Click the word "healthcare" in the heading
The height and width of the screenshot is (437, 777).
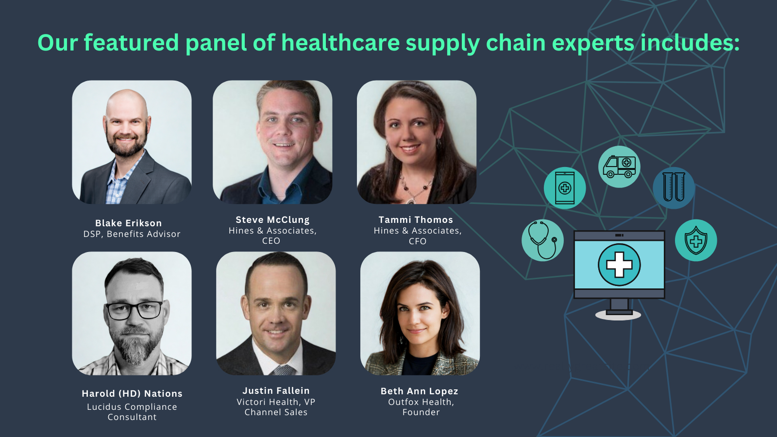point(340,43)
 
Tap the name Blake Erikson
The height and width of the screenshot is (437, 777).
point(128,223)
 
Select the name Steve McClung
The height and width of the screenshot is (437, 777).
point(272,220)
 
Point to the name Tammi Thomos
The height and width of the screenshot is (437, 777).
point(416,220)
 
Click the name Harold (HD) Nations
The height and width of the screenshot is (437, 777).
point(132,394)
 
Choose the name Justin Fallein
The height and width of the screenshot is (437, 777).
point(276,391)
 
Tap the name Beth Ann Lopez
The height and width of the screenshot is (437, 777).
point(420,391)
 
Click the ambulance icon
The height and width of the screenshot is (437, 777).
point(619,167)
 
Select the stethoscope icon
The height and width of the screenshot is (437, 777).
point(542,240)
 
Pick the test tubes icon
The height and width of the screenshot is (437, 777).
point(674,187)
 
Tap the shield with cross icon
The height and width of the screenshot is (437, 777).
point(696,240)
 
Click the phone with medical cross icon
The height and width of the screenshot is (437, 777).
point(565,188)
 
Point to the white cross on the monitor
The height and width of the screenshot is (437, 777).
point(619,265)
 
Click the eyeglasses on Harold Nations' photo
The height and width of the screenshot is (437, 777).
point(134,310)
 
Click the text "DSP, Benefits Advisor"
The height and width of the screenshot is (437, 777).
point(132,234)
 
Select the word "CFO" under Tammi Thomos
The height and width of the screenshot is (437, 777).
point(418,241)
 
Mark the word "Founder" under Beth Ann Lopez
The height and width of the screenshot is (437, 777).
point(421,412)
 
